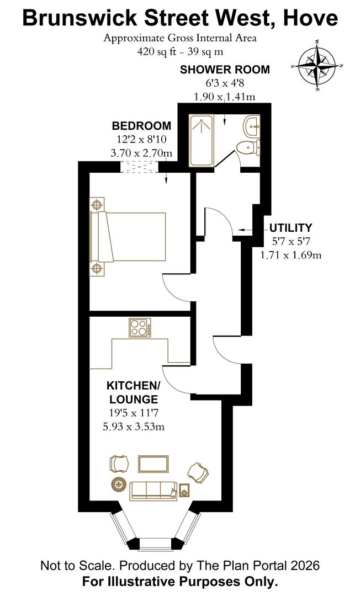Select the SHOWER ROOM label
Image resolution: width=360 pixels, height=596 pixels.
(225, 70)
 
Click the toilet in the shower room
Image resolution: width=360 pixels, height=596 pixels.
(248, 147)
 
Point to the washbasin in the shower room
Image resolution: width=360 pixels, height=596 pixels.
(252, 126)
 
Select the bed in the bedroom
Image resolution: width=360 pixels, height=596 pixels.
(129, 236)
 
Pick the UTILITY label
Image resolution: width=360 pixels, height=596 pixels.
(291, 227)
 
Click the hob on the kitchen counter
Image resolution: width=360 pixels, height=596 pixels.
(140, 328)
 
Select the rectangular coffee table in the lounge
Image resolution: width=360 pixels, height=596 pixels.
(153, 464)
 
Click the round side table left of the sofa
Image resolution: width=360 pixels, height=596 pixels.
(118, 485)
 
